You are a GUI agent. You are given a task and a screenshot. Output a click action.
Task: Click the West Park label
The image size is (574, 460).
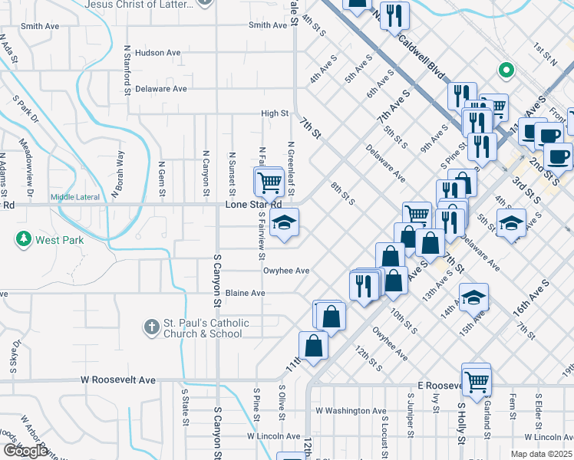click(x=59, y=240)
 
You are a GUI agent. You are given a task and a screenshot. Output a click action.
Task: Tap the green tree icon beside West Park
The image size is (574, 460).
click(x=24, y=240)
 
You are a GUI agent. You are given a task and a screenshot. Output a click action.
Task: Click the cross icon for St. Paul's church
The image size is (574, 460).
click(x=150, y=327)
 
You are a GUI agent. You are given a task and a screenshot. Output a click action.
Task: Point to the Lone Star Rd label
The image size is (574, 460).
click(x=253, y=205)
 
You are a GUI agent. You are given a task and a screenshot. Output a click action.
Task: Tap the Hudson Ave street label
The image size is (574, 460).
click(x=157, y=53)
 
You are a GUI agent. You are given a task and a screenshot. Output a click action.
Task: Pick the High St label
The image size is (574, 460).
click(x=274, y=113)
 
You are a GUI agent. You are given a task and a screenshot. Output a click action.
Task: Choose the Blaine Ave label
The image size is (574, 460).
click(x=245, y=293)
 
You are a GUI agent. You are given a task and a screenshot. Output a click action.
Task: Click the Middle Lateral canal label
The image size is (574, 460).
click(x=75, y=197)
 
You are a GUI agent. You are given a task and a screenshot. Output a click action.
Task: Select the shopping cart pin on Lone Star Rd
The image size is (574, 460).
click(x=270, y=182)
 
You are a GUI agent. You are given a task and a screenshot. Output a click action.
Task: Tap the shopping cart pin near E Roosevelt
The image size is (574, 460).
click(x=477, y=379)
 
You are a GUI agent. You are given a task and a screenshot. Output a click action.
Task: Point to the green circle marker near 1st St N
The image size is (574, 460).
click(x=506, y=71)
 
